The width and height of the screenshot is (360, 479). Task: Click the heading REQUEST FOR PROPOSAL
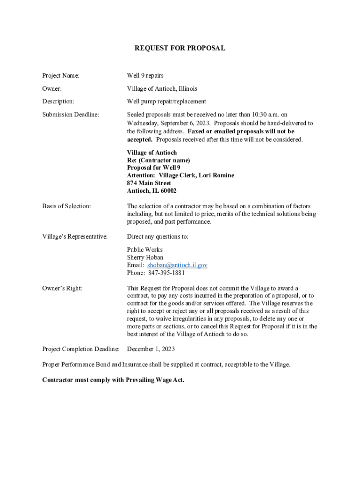click(x=180, y=48)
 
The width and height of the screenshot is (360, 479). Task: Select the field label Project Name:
click(x=61, y=75)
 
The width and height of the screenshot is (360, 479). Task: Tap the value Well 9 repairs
click(x=145, y=75)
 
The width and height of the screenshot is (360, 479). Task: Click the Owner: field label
click(x=52, y=88)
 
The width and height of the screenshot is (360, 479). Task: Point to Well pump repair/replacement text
click(x=166, y=102)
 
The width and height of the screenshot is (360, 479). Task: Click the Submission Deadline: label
click(x=71, y=115)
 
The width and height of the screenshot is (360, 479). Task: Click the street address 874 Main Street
click(x=149, y=183)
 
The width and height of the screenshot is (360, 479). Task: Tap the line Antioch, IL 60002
click(x=151, y=191)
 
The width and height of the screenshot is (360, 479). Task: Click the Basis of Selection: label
click(x=66, y=206)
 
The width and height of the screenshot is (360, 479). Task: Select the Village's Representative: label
click(x=75, y=237)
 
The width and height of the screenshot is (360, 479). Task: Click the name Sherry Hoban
click(x=145, y=257)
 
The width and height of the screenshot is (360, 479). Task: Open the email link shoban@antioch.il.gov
click(x=177, y=265)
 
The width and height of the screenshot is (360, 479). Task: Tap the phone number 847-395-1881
click(x=166, y=273)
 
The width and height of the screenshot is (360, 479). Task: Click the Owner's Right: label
click(x=62, y=288)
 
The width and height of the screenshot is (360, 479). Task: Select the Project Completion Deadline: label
click(x=81, y=349)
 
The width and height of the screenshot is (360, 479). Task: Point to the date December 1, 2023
click(x=151, y=349)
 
